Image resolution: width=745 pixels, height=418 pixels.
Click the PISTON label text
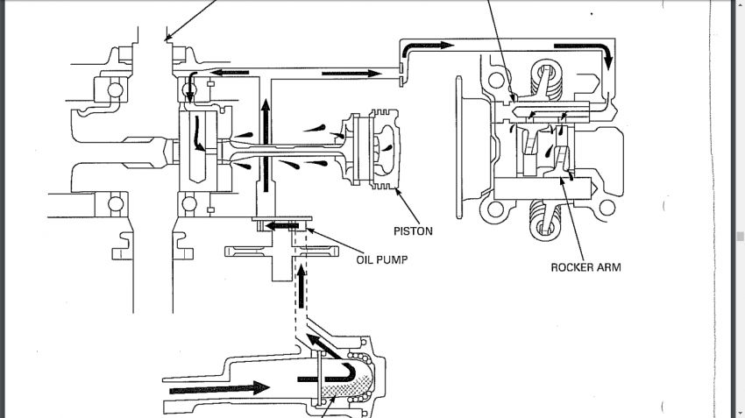[x=413, y=231]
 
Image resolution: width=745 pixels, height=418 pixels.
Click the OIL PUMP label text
[x=382, y=259]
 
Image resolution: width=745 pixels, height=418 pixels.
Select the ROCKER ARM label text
[x=585, y=267]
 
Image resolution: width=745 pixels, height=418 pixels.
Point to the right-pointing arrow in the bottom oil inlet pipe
[x=220, y=388]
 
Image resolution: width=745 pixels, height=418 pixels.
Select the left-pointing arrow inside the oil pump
[x=281, y=225]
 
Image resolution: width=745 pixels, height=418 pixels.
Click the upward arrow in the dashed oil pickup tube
[x=301, y=287]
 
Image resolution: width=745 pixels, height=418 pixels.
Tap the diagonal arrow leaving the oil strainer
[x=323, y=345]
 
